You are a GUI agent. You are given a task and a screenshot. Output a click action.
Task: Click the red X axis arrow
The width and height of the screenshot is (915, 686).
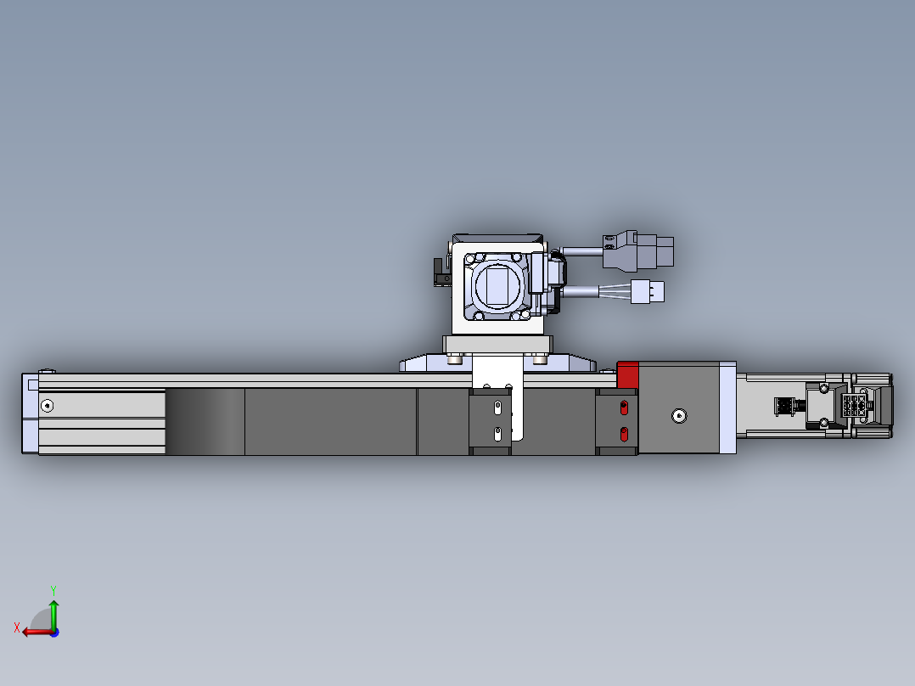[x=34, y=632]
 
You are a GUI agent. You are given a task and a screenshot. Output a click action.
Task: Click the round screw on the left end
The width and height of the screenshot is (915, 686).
[x=47, y=405]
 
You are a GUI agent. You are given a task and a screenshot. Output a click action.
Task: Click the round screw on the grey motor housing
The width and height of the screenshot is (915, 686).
[x=677, y=416]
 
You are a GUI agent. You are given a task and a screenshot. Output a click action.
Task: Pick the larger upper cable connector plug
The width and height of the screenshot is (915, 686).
[x=649, y=251]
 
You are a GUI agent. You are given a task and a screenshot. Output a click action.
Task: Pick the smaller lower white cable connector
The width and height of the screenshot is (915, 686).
[x=649, y=292]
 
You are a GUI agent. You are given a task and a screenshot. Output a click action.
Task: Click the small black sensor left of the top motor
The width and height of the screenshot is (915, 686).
[x=441, y=273]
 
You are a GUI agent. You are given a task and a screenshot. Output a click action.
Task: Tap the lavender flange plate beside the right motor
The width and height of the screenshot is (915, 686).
[x=727, y=408]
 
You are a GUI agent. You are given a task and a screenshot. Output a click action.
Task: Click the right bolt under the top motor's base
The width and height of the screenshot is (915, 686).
[x=539, y=359]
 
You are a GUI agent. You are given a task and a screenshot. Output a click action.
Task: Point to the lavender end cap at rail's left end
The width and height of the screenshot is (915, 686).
[x=30, y=413]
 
